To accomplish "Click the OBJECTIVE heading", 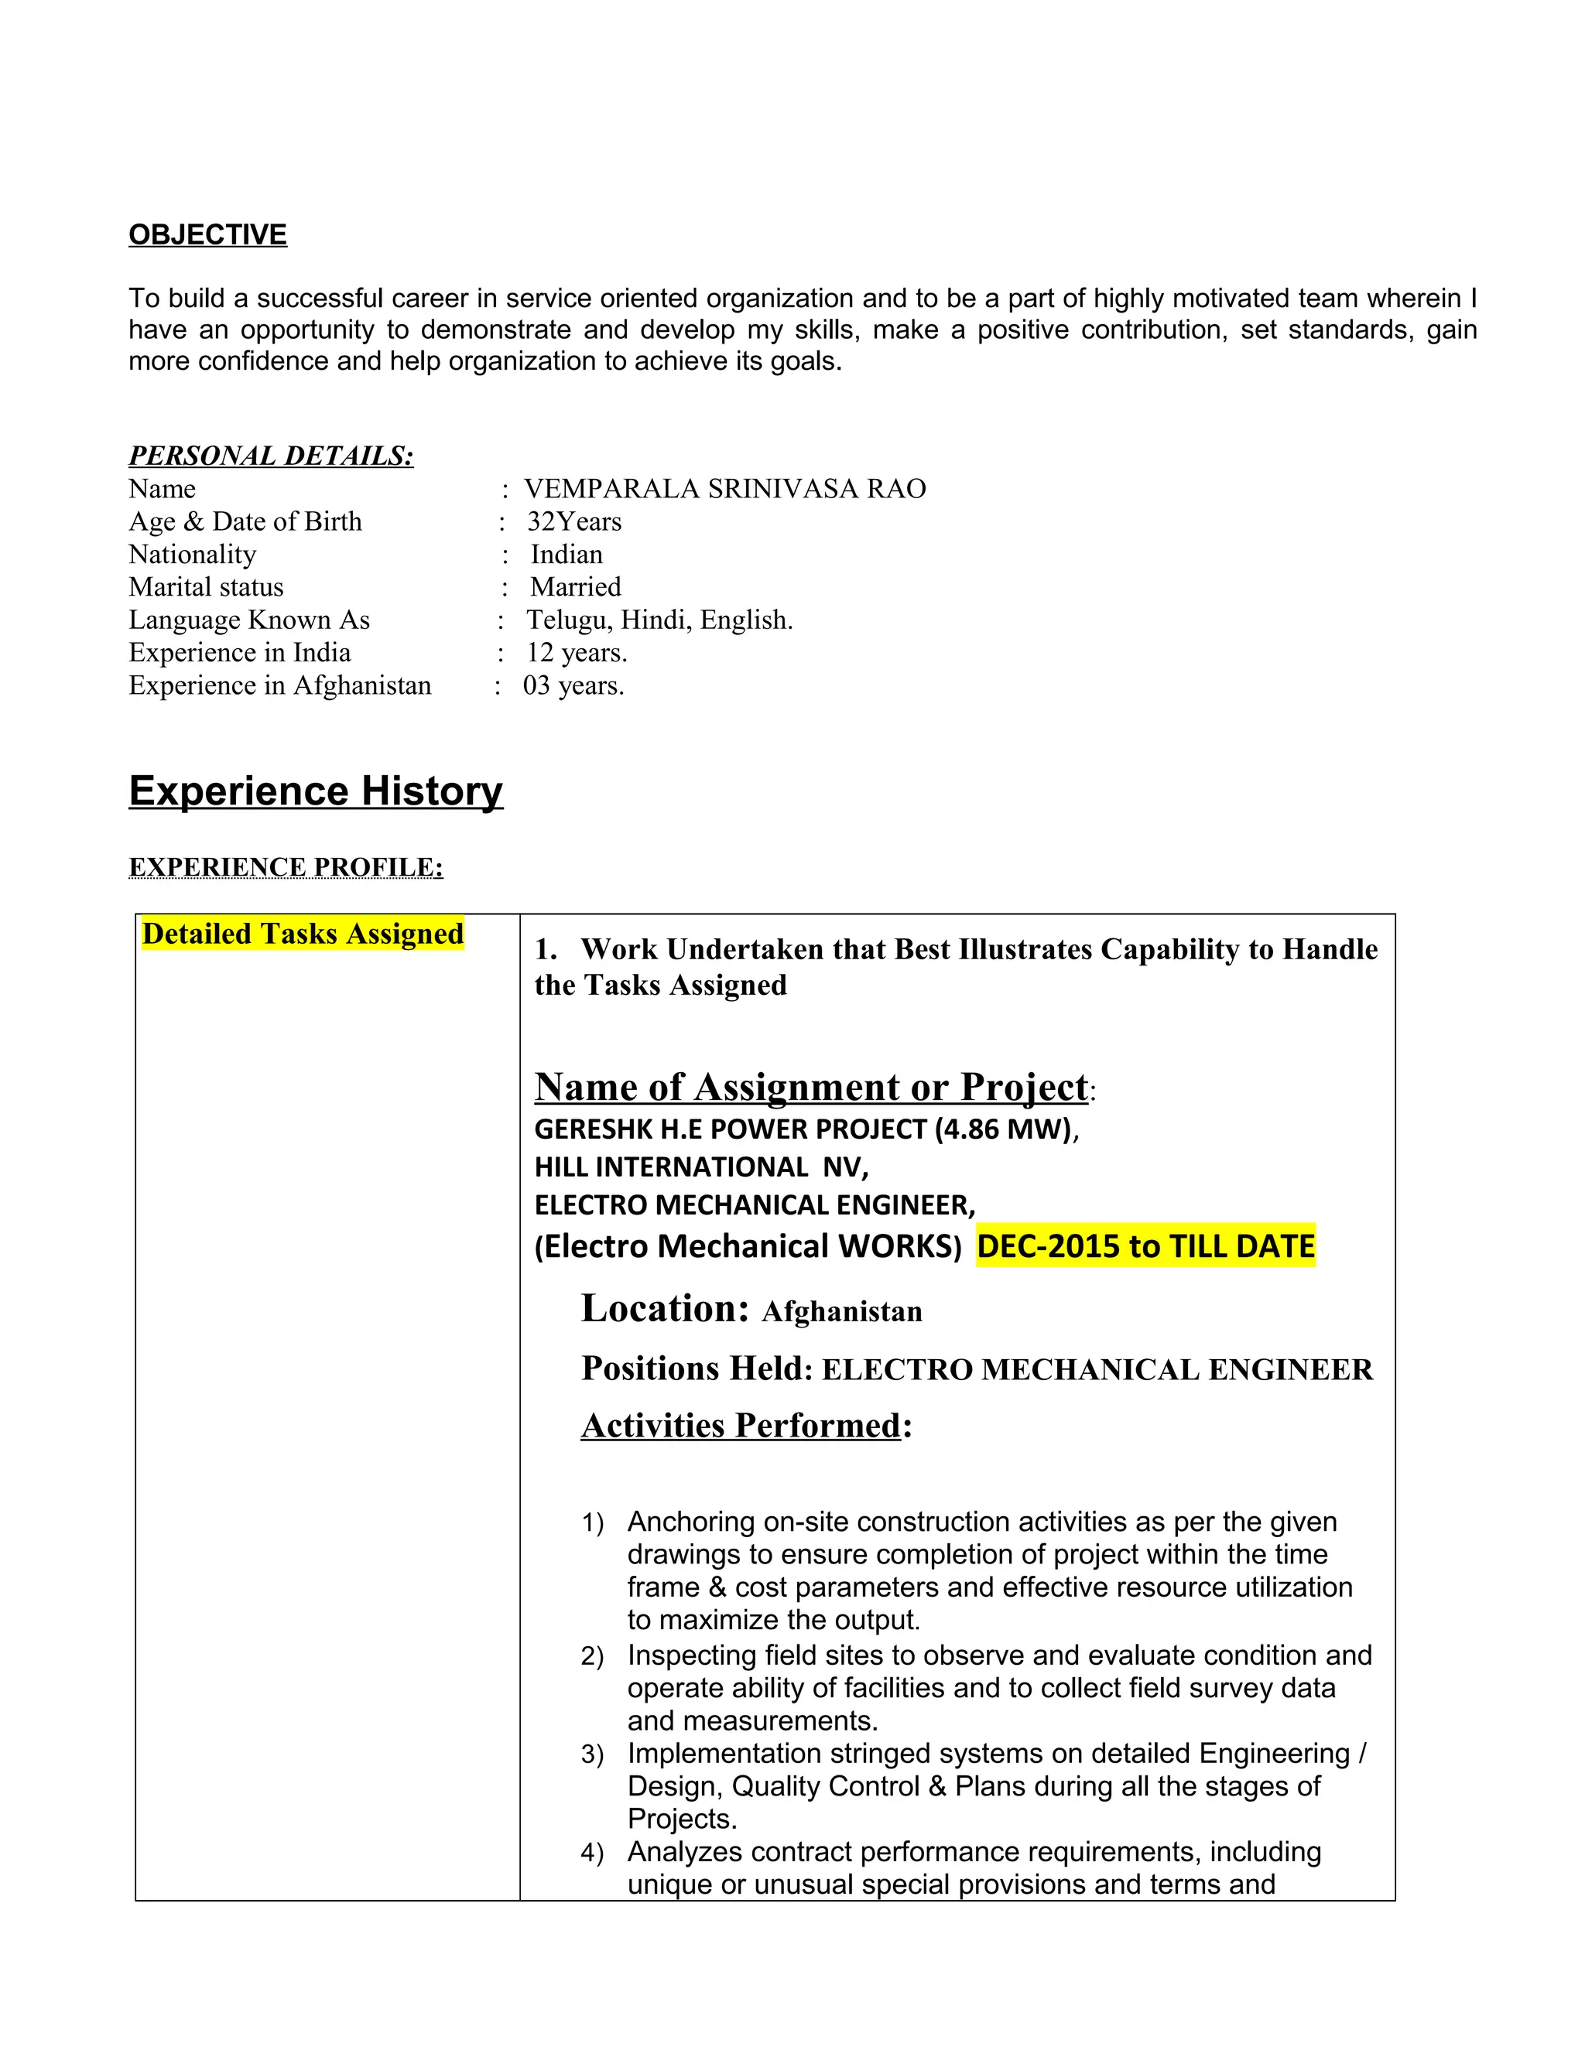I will [x=207, y=234].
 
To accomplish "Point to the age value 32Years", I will [x=573, y=522].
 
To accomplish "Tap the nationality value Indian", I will [x=567, y=555].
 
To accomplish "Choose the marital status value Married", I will [x=575, y=588].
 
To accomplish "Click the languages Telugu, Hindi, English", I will [x=659, y=620].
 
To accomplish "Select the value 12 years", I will [x=576, y=654].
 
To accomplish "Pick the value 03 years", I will [x=573, y=686].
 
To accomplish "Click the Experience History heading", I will [x=316, y=791].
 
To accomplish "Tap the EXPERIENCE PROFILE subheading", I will [x=286, y=867].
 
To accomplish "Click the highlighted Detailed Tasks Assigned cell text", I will [x=303, y=934].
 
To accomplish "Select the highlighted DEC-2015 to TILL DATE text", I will [x=1145, y=1246].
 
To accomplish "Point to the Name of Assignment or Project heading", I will [x=811, y=1088].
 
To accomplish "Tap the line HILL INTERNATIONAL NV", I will [x=700, y=1167].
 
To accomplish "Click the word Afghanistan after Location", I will [x=841, y=1312].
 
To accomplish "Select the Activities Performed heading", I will [x=741, y=1426].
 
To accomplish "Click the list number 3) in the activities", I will [x=591, y=1754].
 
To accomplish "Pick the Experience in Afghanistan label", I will [x=280, y=686].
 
